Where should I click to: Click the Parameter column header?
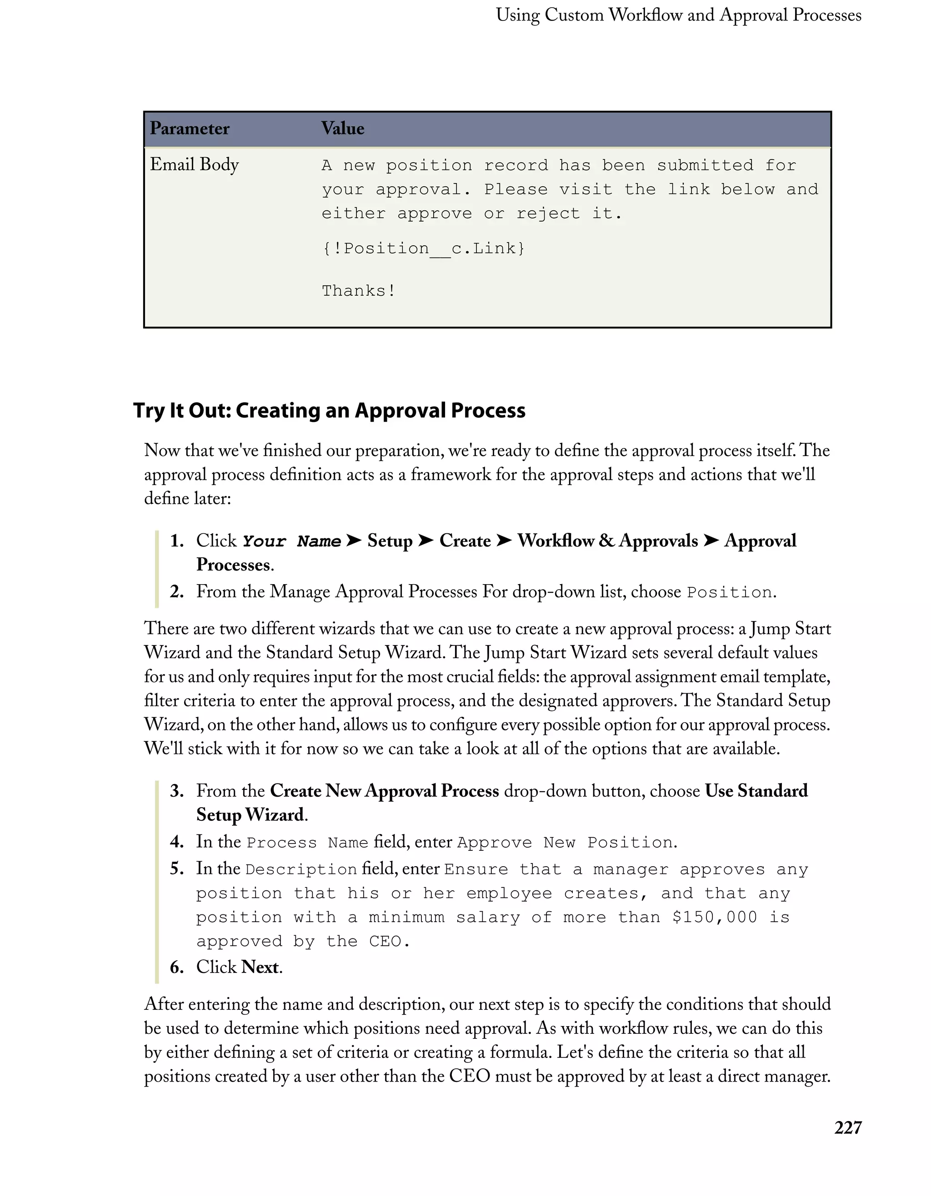coord(190,129)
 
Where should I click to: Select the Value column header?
coord(342,129)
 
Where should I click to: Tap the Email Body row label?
coord(194,164)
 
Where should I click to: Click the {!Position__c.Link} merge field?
coord(423,248)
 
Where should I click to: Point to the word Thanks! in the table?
coord(358,291)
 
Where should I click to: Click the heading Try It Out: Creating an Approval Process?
coord(329,411)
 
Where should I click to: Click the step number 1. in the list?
coord(176,541)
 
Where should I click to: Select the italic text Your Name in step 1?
coord(291,541)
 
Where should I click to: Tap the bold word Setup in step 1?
coord(390,541)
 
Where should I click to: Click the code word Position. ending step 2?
coord(731,592)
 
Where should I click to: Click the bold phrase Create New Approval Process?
coord(384,791)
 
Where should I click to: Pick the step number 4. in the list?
coord(176,842)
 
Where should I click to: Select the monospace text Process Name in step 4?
coord(307,843)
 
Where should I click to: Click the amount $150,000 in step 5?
coord(714,917)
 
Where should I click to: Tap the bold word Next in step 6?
coord(260,967)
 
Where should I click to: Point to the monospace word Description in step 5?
coord(301,869)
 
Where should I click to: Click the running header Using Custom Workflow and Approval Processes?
coord(678,15)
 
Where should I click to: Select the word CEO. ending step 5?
coord(389,941)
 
